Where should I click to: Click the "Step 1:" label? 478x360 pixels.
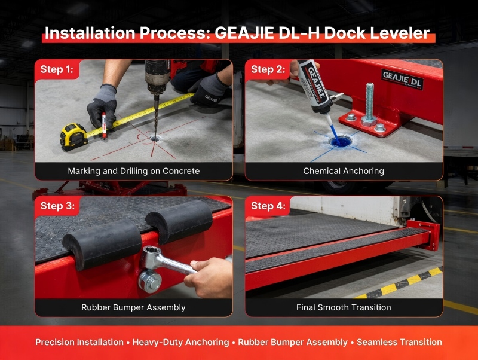point(57,69)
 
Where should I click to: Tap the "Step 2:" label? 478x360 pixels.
point(268,69)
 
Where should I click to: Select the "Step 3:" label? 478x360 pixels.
point(57,206)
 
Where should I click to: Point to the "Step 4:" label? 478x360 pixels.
point(268,206)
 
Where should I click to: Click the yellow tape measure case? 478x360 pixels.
point(73,136)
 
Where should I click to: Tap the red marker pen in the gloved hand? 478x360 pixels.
point(103,126)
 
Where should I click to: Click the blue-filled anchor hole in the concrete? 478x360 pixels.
point(341,142)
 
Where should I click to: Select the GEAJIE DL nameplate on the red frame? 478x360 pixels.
point(402,80)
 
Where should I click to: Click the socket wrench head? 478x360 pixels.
point(150,257)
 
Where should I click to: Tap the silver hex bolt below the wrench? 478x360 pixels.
point(150,281)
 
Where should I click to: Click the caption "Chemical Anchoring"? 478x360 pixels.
point(344,171)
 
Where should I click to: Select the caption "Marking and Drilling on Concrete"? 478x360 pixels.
point(133,171)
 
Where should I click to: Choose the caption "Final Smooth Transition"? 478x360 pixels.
point(344,307)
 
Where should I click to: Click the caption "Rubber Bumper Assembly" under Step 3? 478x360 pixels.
point(133,307)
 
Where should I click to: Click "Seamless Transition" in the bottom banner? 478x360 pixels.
point(399,342)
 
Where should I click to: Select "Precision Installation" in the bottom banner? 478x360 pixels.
point(79,342)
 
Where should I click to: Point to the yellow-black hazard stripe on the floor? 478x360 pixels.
point(399,283)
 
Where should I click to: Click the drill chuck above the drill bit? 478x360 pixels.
point(157,80)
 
